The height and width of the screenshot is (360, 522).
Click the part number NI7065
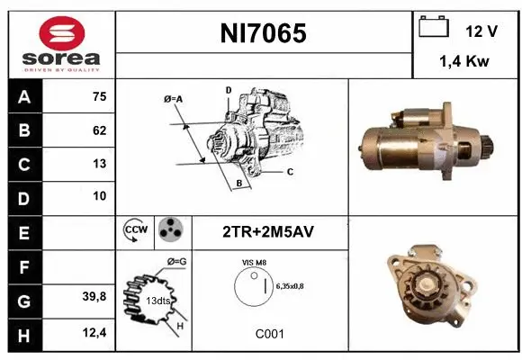264,34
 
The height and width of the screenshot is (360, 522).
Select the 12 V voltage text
481,31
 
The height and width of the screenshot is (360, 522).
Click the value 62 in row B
99,130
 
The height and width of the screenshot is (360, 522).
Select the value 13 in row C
99,164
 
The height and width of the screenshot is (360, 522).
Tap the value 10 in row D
99,195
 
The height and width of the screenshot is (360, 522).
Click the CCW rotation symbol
136,231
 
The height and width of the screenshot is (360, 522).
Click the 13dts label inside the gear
158,301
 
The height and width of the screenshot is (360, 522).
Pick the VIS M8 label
255,262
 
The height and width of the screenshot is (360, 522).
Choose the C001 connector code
270,334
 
